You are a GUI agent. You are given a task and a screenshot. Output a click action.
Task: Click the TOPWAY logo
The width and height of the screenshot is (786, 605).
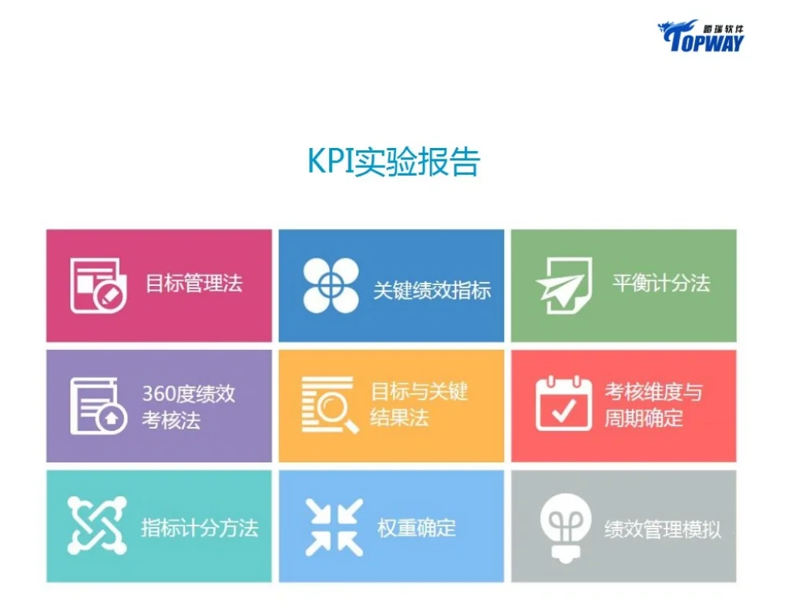click(700, 35)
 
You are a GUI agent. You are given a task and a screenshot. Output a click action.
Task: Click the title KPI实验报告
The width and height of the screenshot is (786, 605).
click(394, 160)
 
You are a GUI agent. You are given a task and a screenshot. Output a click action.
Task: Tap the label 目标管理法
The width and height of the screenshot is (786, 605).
click(194, 283)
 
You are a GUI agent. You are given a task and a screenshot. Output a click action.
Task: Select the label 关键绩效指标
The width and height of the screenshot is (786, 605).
click(432, 290)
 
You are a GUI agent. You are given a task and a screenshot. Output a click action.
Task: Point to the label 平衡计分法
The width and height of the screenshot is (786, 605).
click(661, 283)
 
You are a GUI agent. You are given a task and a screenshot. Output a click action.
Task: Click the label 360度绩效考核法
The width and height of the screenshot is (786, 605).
click(188, 407)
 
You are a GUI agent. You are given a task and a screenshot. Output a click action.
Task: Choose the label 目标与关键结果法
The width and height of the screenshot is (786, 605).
click(419, 405)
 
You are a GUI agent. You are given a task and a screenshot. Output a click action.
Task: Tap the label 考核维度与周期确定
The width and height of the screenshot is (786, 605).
click(653, 405)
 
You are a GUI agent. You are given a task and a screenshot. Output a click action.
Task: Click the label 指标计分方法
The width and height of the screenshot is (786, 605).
click(199, 528)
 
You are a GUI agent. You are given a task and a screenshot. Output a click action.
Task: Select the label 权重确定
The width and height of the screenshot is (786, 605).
click(416, 528)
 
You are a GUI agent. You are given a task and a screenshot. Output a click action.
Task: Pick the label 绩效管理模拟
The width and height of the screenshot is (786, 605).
click(663, 529)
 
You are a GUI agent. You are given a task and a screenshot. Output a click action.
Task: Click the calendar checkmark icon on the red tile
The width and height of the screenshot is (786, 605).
click(563, 403)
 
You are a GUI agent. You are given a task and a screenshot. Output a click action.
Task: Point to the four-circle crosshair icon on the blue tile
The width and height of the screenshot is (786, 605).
click(331, 285)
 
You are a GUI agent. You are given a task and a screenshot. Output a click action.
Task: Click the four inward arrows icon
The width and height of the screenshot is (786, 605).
click(334, 527)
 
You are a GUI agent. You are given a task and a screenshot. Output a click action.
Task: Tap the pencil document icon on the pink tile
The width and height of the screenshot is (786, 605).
click(99, 284)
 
